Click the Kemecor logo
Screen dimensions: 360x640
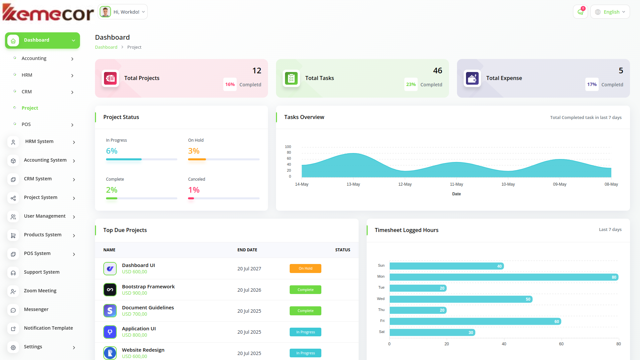[48, 13]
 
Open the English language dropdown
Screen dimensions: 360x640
[610, 12]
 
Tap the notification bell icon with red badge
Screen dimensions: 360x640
[580, 12]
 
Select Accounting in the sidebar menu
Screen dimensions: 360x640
[34, 58]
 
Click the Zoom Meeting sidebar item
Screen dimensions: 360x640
[40, 291]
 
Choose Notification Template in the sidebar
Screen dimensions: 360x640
[48, 328]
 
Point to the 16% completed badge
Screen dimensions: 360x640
[230, 84]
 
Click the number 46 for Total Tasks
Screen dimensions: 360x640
[437, 71]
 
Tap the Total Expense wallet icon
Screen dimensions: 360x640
[472, 78]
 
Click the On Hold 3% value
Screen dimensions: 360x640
[194, 151]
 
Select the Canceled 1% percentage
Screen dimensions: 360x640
[194, 190]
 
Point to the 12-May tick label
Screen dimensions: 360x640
[405, 184]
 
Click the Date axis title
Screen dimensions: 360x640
[456, 194]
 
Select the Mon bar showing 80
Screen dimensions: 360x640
[504, 277]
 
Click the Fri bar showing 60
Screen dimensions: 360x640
[475, 321]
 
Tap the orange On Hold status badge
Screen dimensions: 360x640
[305, 268]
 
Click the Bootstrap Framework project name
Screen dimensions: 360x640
[148, 287]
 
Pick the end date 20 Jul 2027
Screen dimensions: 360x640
[249, 269]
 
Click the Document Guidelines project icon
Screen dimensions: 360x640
[110, 311]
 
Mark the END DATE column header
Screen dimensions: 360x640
[247, 250]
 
